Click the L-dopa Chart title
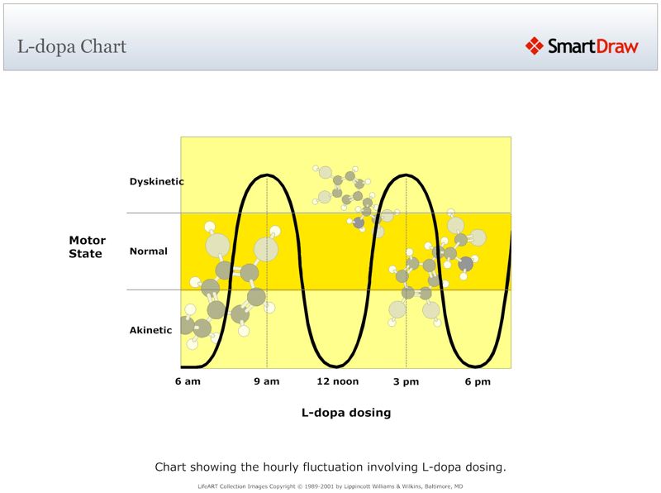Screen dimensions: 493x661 pyautogui.click(x=72, y=46)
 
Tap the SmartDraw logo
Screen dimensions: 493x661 pyautogui.click(x=583, y=46)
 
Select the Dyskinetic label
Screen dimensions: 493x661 pyautogui.click(x=156, y=181)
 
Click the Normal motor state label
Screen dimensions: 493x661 pyautogui.click(x=149, y=251)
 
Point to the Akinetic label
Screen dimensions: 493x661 pyautogui.click(x=150, y=330)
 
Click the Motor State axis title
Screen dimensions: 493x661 pyautogui.click(x=85, y=247)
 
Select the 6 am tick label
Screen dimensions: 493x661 pyautogui.click(x=188, y=381)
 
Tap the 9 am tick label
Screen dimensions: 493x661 pyautogui.click(x=266, y=381)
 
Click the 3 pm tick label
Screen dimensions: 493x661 pyautogui.click(x=406, y=381)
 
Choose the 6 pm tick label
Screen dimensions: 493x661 pyautogui.click(x=478, y=381)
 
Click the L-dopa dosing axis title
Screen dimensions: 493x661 pyautogui.click(x=345, y=412)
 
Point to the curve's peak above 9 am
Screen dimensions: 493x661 pyautogui.click(x=266, y=175)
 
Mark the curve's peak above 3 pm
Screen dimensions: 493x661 pyautogui.click(x=406, y=175)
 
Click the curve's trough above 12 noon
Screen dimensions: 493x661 pyautogui.click(x=336, y=366)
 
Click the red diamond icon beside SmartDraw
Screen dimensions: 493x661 pyautogui.click(x=535, y=46)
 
